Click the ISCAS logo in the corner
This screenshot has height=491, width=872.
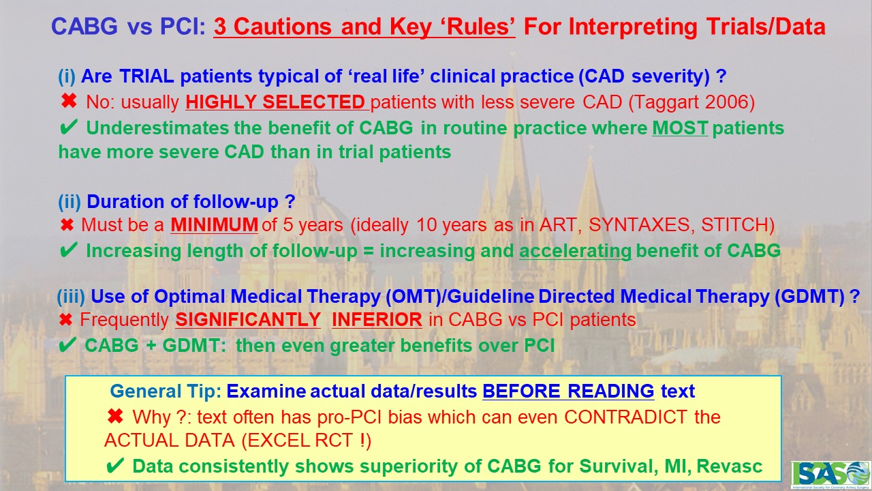point(830,475)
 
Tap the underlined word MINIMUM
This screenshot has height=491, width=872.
point(214,225)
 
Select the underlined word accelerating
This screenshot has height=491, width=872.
point(575,251)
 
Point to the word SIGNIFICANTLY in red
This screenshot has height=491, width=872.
point(248,320)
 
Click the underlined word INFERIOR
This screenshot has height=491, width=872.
point(377,320)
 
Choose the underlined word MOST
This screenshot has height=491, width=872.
point(680,128)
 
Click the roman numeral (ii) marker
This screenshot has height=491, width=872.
point(69,202)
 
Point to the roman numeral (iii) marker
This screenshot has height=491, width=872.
point(71,297)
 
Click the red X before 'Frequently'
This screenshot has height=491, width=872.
point(66,320)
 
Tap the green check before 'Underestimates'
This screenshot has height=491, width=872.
point(68,128)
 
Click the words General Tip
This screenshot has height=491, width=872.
point(166,391)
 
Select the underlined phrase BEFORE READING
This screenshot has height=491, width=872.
point(568,391)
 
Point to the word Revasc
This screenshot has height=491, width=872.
point(729,466)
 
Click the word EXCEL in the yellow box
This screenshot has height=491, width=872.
point(273,441)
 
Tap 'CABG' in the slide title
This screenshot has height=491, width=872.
point(84,27)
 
